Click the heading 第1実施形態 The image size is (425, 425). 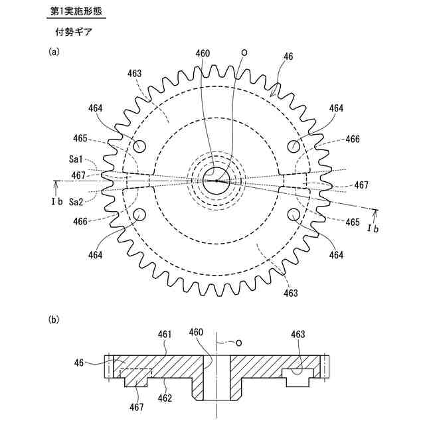[77, 12]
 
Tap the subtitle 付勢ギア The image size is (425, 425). [74, 31]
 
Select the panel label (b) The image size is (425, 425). [54, 319]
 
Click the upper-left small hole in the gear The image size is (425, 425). [140, 145]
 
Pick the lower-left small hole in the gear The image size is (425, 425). [140, 214]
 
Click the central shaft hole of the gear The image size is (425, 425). [216, 180]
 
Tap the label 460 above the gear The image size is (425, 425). [203, 54]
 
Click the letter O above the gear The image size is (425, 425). [244, 52]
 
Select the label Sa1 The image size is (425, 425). [75, 159]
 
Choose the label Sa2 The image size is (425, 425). [75, 202]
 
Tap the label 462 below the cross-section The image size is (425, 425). [165, 398]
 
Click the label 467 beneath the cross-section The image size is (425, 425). [137, 406]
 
